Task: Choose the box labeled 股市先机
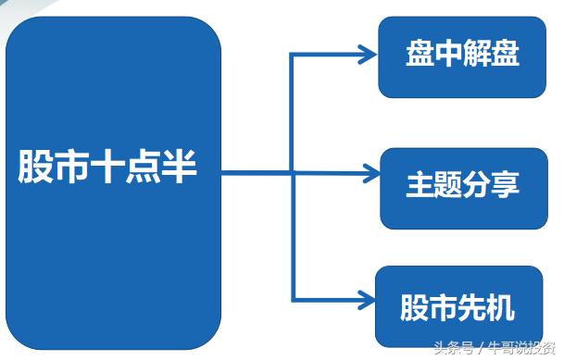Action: (x=458, y=306)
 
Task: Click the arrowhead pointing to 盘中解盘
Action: (x=368, y=55)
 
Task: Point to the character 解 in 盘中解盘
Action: (x=477, y=53)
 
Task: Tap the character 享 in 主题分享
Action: (x=506, y=184)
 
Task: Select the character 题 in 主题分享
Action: (x=449, y=184)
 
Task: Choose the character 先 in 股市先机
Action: (x=472, y=307)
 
